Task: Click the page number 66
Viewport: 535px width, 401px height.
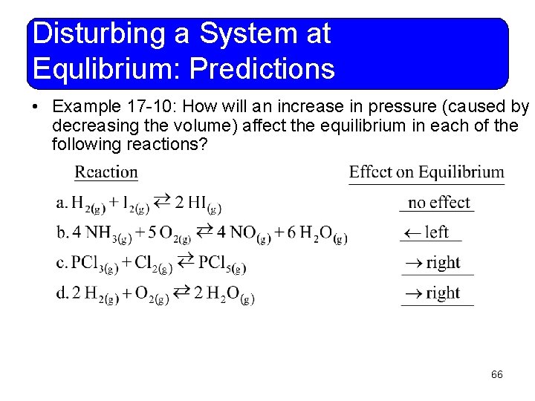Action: pos(497,375)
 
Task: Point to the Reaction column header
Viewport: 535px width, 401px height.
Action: pos(106,172)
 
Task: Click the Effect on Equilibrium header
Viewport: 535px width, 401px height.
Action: pos(427,172)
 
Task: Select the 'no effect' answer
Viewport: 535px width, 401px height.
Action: pos(439,202)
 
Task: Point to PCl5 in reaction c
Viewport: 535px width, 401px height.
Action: pos(224,264)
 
